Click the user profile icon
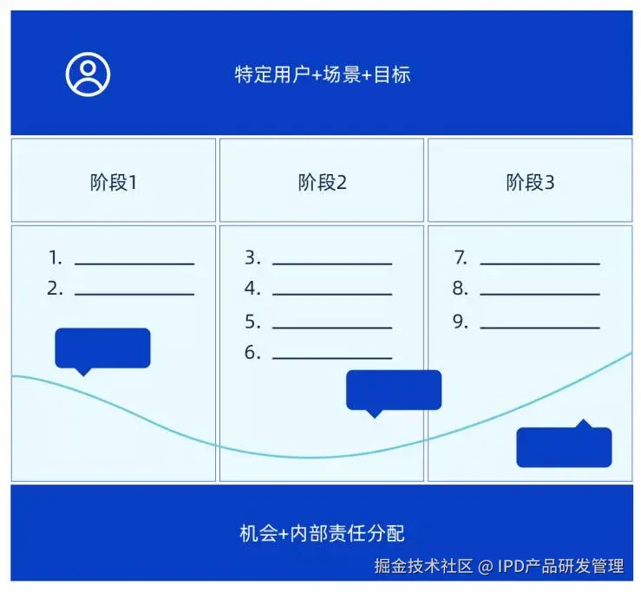tap(88, 75)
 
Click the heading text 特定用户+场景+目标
tap(322, 75)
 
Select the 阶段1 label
tap(114, 183)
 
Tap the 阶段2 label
tap(322, 183)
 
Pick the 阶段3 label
tap(530, 183)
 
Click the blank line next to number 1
tap(134, 263)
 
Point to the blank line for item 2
tap(134, 294)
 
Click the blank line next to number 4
tap(332, 294)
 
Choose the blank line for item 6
tap(332, 357)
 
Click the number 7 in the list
tap(461, 257)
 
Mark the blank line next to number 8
tap(540, 294)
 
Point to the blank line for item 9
tap(540, 328)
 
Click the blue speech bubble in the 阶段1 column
tap(102, 348)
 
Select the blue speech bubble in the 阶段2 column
tap(394, 390)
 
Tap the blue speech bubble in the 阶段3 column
tap(564, 446)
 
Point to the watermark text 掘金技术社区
tap(423, 567)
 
